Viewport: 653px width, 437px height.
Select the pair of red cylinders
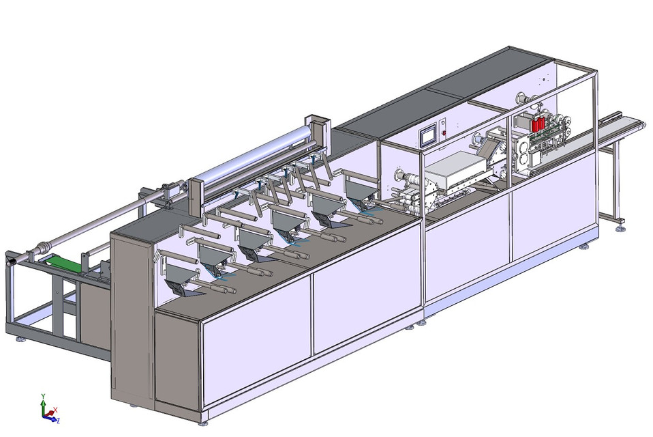click(538, 125)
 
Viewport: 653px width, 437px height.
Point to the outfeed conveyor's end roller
click(639, 124)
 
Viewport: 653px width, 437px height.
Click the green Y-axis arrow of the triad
click(43, 401)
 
